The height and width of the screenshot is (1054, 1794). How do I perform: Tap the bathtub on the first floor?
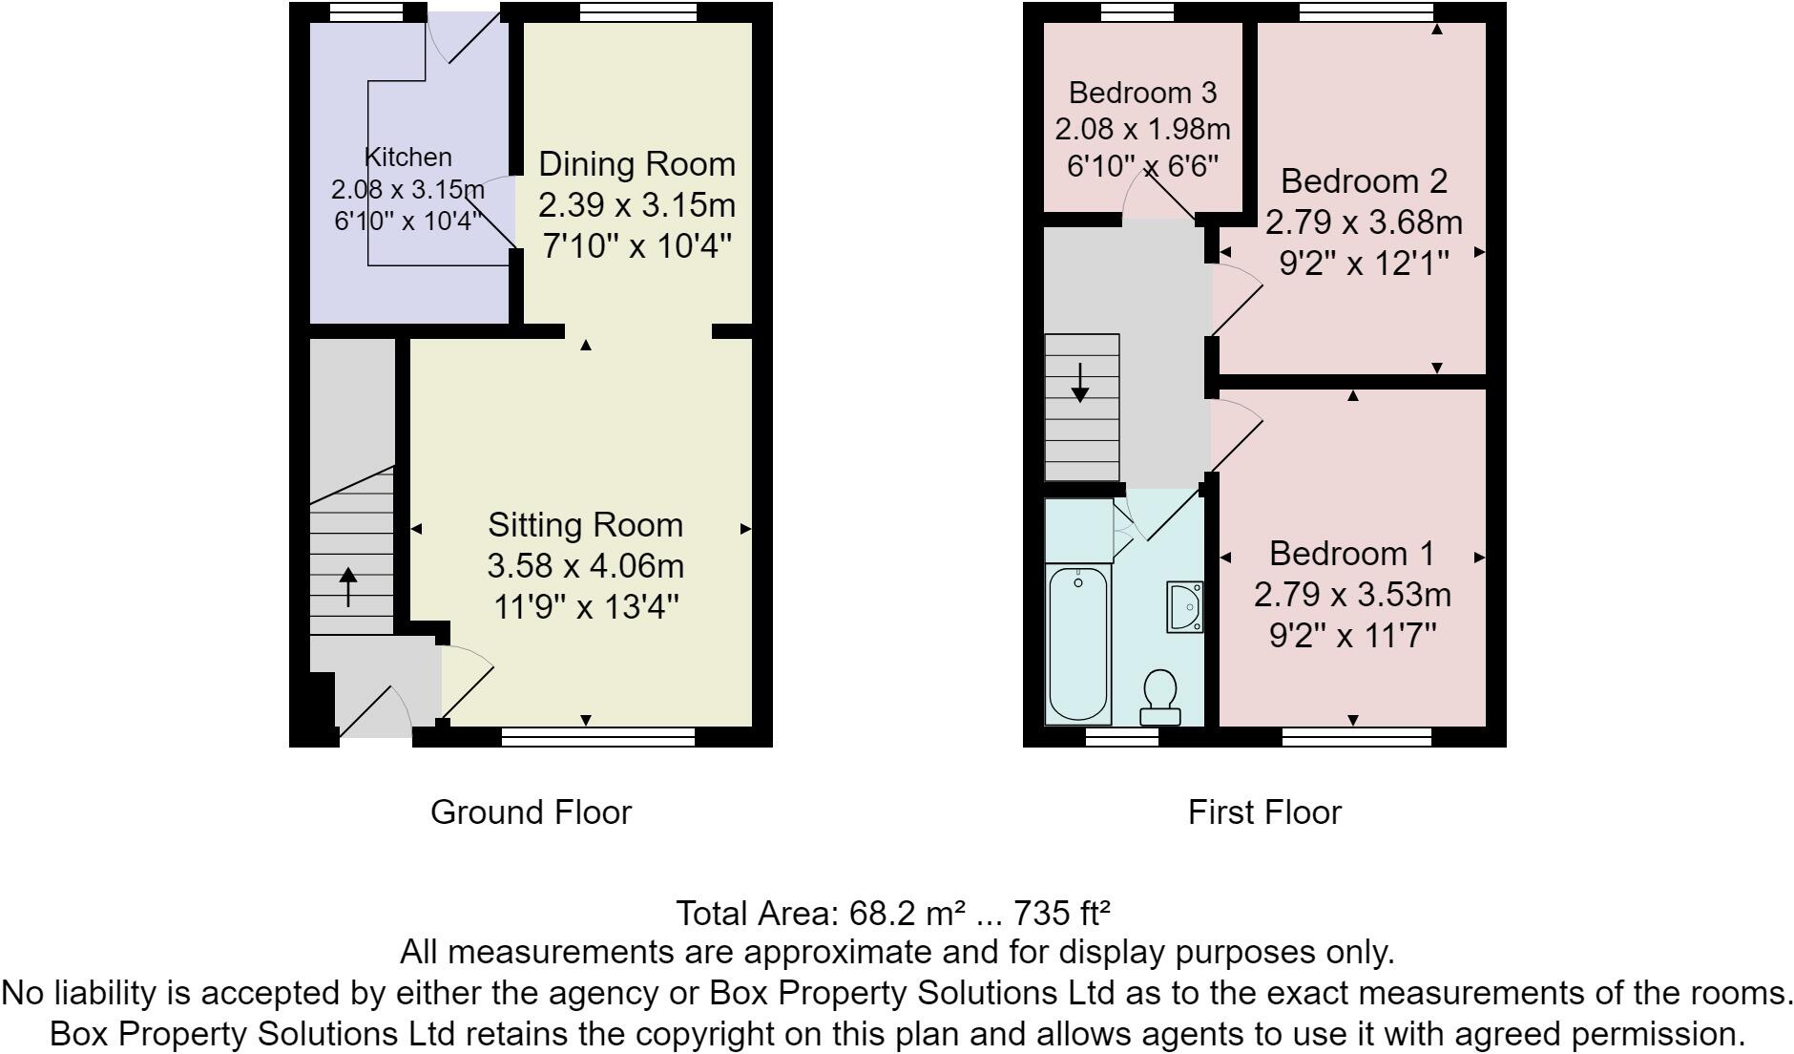pos(1078,644)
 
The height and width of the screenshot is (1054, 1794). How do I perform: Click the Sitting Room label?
pos(585,525)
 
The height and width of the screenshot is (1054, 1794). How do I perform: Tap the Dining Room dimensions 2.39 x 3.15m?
pos(636,205)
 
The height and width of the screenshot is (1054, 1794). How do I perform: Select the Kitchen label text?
pos(408,158)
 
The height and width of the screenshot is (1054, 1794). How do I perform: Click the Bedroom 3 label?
pos(1142,93)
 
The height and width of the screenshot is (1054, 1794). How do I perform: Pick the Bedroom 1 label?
pos(1351,554)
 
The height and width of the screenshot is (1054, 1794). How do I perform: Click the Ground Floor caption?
pos(531,812)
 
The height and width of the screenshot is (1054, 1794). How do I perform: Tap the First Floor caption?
pos(1263,812)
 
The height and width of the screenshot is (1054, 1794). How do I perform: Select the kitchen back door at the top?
pos(463,38)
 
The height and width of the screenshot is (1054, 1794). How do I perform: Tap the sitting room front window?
pos(598,736)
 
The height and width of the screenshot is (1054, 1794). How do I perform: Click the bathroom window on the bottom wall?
pos(1121,736)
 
